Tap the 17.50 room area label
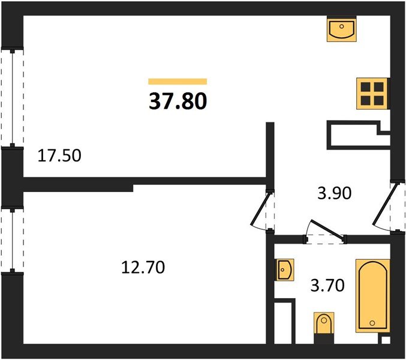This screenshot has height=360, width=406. pos(59,157)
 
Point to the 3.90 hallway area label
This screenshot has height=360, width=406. pos(333,193)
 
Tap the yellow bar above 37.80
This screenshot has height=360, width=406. pos(178,81)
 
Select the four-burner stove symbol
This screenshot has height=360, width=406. pos(372,93)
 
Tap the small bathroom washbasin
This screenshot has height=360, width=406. pos(284,270)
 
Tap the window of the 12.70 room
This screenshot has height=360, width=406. pos(10,239)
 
